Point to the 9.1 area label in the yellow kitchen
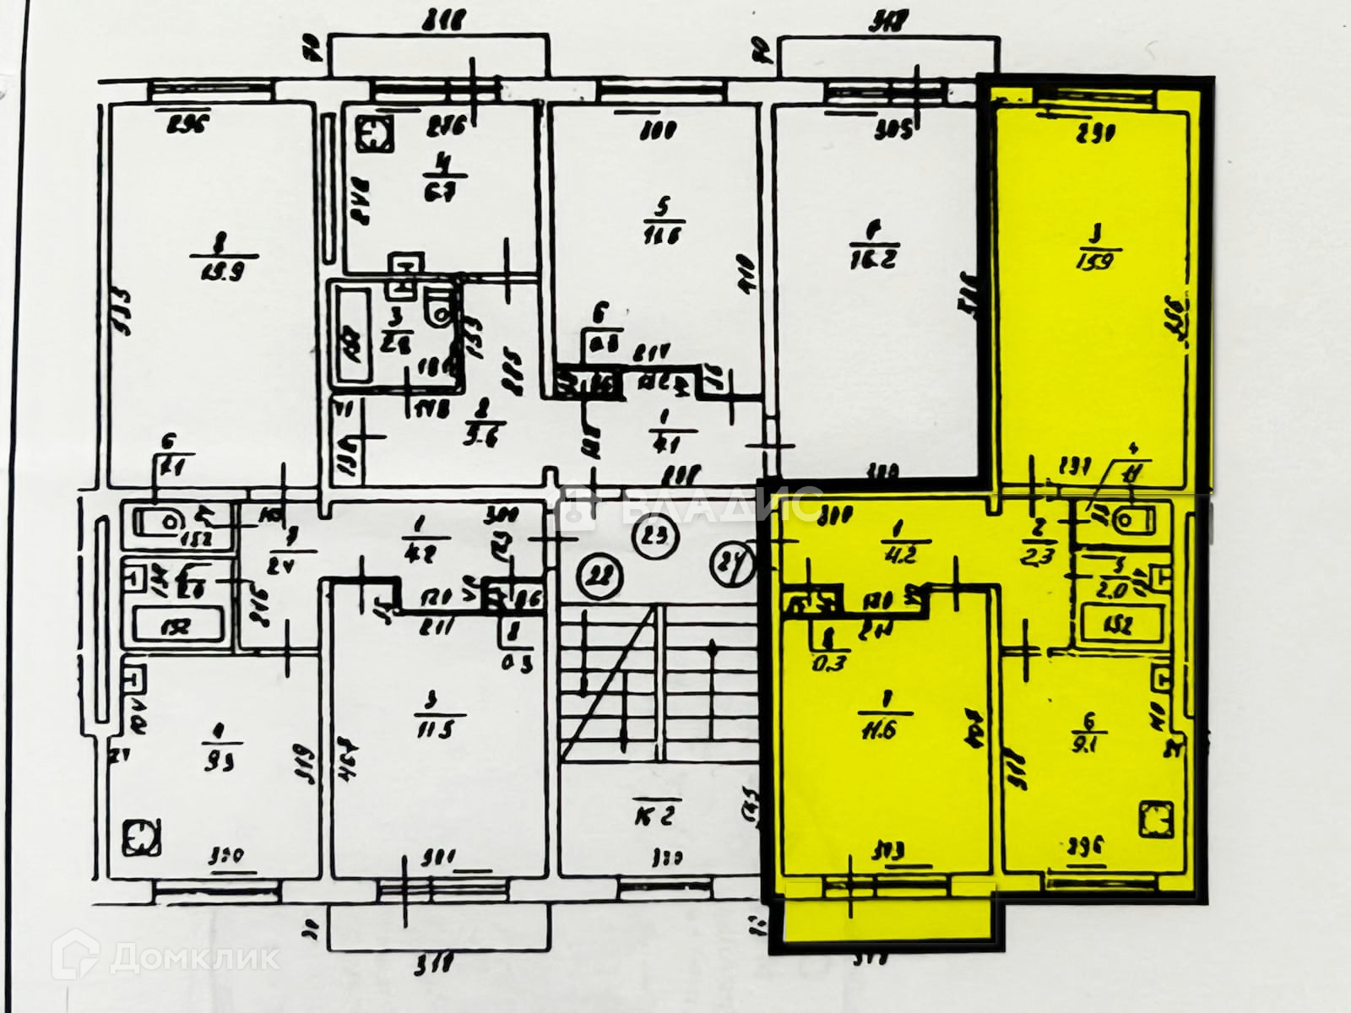(1088, 745)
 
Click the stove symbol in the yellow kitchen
(1154, 819)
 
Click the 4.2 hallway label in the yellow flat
(893, 555)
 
